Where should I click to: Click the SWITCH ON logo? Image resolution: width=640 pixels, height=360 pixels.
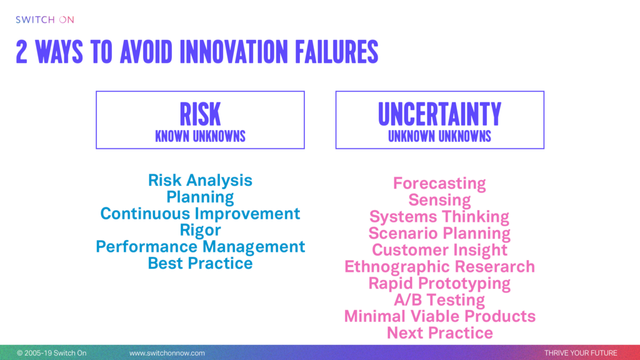pyautogui.click(x=45, y=19)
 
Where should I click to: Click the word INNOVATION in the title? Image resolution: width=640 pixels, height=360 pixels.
pyautogui.click(x=234, y=52)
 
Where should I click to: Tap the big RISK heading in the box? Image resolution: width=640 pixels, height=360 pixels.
pyautogui.click(x=200, y=114)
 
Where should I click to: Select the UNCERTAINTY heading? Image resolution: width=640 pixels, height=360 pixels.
pyautogui.click(x=439, y=114)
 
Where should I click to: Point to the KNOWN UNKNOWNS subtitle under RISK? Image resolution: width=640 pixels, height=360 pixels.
pyautogui.click(x=200, y=136)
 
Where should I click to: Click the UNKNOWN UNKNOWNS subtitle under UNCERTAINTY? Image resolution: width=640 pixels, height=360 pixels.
pyautogui.click(x=439, y=136)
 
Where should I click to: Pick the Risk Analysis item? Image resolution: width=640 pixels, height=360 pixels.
pyautogui.click(x=200, y=181)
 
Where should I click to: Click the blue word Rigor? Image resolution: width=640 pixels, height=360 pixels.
pyautogui.click(x=200, y=230)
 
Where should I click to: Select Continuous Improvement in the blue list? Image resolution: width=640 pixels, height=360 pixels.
pyautogui.click(x=200, y=214)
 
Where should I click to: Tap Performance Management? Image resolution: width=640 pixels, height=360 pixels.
pyautogui.click(x=200, y=246)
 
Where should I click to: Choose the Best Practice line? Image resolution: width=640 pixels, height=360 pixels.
pyautogui.click(x=200, y=263)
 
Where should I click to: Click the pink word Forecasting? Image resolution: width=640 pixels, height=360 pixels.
pyautogui.click(x=439, y=184)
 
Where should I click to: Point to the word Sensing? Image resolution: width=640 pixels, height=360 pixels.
pyautogui.click(x=439, y=201)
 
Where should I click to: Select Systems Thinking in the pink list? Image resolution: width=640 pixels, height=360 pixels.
pyautogui.click(x=439, y=217)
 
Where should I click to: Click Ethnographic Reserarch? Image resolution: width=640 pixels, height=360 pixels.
pyautogui.click(x=439, y=267)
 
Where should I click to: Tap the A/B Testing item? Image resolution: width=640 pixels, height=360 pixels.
pyautogui.click(x=439, y=300)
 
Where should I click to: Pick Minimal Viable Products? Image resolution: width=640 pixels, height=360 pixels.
pyautogui.click(x=439, y=316)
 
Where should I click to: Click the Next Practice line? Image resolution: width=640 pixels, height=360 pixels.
pyautogui.click(x=439, y=333)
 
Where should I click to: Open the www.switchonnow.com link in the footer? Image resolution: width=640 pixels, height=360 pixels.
pyautogui.click(x=167, y=353)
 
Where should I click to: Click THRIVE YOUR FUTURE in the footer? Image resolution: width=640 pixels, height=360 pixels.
pyautogui.click(x=581, y=353)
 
